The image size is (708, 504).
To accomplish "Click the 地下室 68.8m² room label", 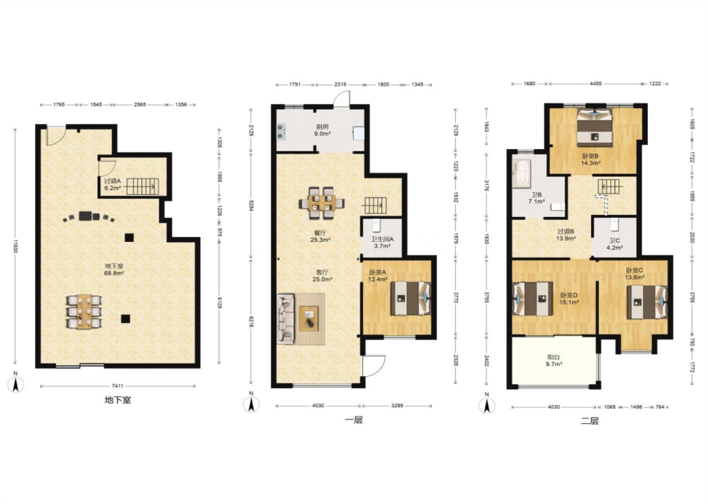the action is point(114,269).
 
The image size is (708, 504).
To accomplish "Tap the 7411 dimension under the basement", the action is point(117,386).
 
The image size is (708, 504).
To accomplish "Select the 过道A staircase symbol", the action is point(143,187).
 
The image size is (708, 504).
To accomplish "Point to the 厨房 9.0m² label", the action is point(322,130).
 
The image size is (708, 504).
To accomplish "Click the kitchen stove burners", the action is point(281,131).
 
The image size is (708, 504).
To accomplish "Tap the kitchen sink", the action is point(359,133).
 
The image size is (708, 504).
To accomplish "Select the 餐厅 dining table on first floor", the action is point(322,203).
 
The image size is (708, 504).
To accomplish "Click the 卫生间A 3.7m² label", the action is point(382,242).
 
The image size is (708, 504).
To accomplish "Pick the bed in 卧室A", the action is point(411,298).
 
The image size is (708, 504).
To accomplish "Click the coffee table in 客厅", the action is point(309,318).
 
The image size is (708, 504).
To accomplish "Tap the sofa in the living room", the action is point(286,318).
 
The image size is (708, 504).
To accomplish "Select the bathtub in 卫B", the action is point(522,174).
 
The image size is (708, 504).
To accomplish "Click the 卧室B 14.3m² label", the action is point(590,160).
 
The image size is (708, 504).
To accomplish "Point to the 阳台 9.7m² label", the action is point(554,360).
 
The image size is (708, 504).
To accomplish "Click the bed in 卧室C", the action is point(647,302).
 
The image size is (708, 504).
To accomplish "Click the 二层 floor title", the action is point(590,421).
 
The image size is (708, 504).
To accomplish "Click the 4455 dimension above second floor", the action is point(595,84).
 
